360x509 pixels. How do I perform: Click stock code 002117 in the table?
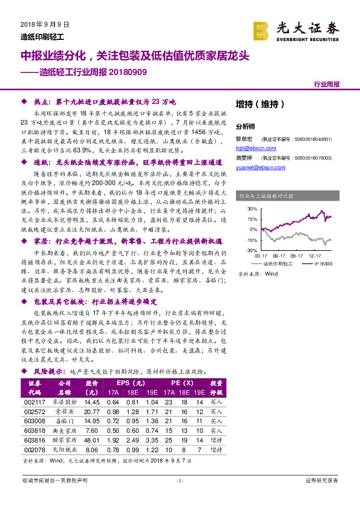(x=35, y=402)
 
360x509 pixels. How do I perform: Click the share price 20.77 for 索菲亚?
(x=92, y=412)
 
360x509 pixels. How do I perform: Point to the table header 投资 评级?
(x=215, y=387)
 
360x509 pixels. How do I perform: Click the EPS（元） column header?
(x=131, y=383)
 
